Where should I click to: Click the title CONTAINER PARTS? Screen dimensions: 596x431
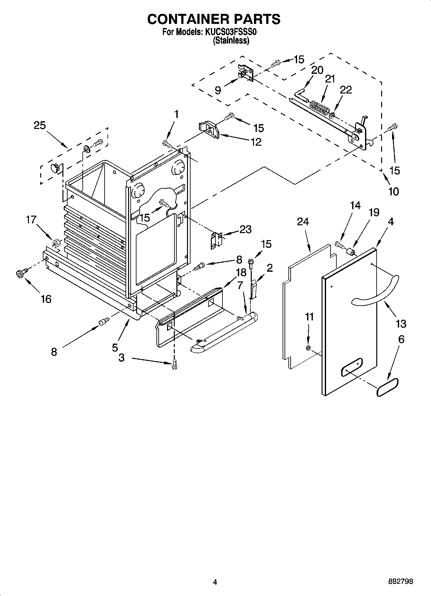pyautogui.click(x=214, y=19)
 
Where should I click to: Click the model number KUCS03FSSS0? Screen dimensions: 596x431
pyautogui.click(x=230, y=32)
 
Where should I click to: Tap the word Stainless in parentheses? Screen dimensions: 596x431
pyautogui.click(x=231, y=41)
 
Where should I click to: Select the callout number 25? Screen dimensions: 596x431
pyautogui.click(x=40, y=125)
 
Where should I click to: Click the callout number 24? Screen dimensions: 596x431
pyautogui.click(x=303, y=222)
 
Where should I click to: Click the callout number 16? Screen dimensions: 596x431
pyautogui.click(x=46, y=299)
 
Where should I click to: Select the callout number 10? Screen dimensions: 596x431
pyautogui.click(x=393, y=191)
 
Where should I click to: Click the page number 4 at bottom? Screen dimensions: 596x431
pyautogui.click(x=215, y=581)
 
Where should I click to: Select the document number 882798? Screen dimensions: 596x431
pyautogui.click(x=400, y=581)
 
